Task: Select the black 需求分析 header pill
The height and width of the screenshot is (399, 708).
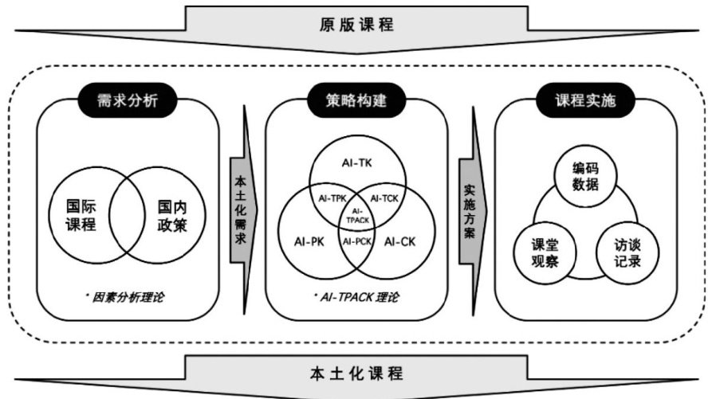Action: [127, 102]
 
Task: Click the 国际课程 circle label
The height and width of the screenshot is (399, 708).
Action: [80, 213]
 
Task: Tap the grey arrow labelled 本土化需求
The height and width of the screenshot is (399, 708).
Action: [240, 211]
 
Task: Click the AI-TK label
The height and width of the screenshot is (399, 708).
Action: [356, 163]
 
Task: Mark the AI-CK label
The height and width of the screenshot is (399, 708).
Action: [403, 241]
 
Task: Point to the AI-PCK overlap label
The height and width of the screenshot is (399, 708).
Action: [356, 240]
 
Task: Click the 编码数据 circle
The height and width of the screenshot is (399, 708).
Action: [584, 177]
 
